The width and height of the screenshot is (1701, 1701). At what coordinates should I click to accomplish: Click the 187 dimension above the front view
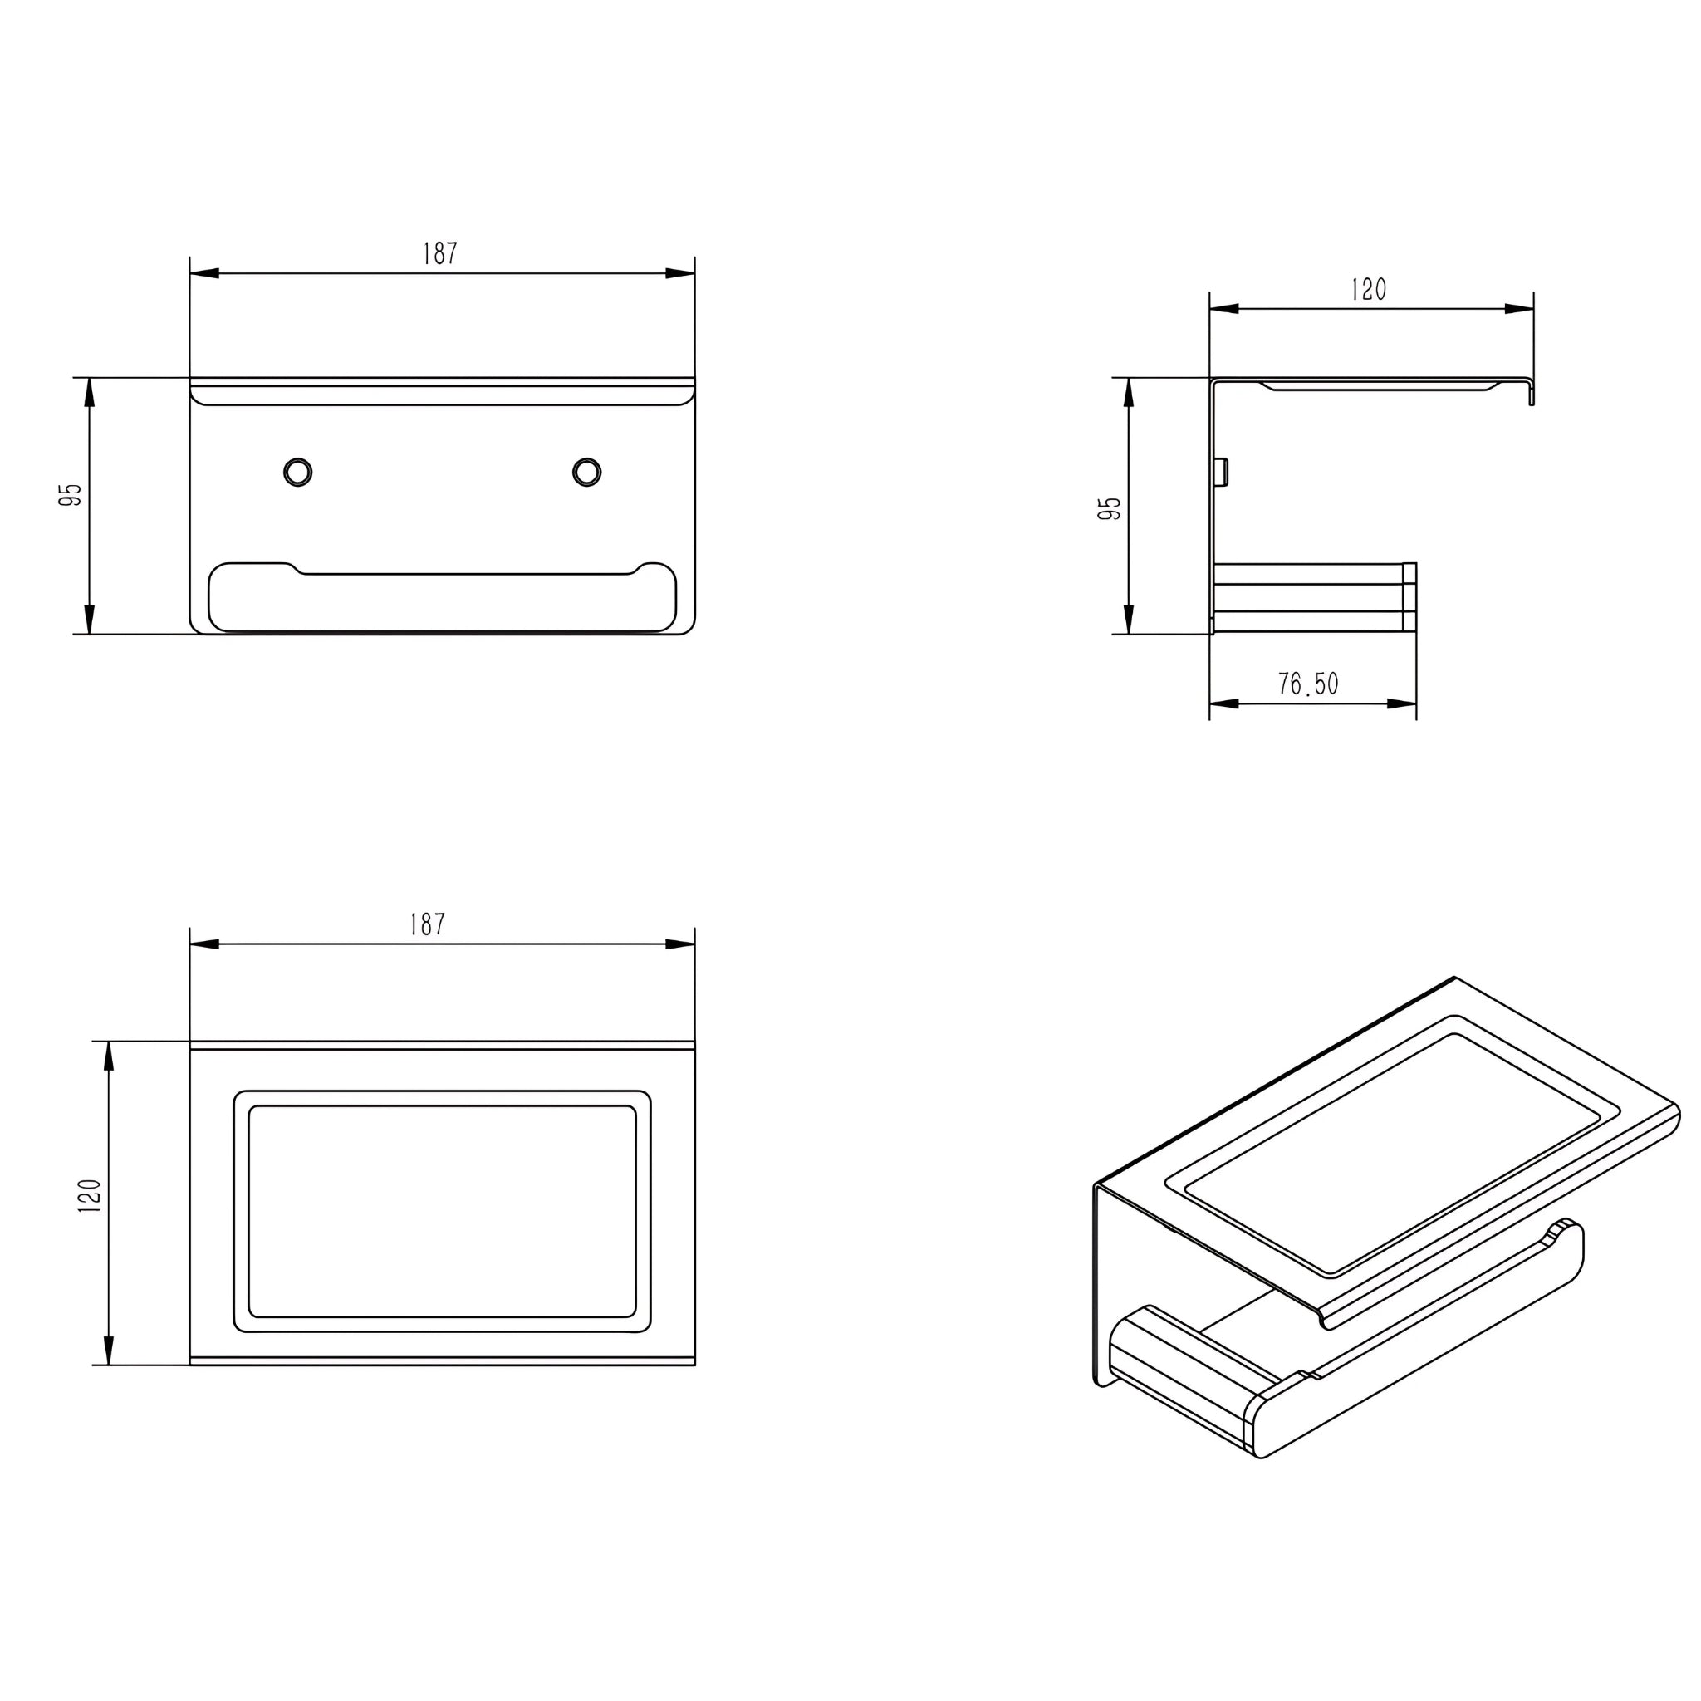(x=440, y=253)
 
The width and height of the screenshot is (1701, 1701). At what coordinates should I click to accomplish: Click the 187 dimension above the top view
(x=428, y=924)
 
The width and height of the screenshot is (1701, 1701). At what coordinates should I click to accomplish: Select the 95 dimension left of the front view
(x=71, y=495)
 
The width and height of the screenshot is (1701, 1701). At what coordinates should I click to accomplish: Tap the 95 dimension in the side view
(x=1110, y=508)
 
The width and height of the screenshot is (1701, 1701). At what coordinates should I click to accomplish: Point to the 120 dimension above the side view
(x=1369, y=289)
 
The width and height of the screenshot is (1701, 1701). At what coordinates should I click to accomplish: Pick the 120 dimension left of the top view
(x=91, y=1196)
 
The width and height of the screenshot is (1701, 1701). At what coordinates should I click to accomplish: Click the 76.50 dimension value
(x=1308, y=684)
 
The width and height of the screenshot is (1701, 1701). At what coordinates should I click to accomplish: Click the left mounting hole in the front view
(x=297, y=472)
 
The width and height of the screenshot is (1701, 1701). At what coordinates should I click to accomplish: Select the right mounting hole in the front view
(x=586, y=472)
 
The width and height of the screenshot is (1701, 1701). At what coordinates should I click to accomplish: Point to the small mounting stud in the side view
(x=1221, y=472)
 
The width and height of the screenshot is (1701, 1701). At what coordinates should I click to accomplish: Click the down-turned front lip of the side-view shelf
(x=1531, y=393)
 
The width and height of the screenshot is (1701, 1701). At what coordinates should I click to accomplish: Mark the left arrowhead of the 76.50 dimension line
(x=1223, y=703)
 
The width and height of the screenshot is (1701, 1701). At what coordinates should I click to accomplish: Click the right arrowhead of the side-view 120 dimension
(x=1520, y=309)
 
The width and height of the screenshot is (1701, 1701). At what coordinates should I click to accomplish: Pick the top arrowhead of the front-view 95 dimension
(x=89, y=392)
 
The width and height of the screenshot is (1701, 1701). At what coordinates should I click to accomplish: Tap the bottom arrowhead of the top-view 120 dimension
(x=109, y=1350)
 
